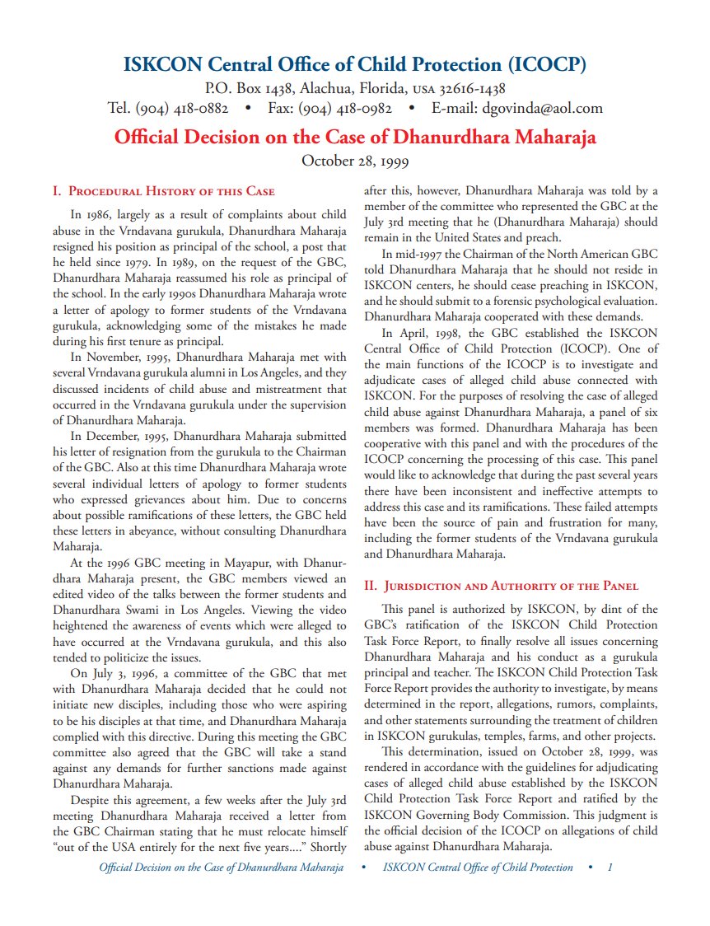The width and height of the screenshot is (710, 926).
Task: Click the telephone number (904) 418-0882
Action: tap(182, 108)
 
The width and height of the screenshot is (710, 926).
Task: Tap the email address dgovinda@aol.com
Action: tap(530, 108)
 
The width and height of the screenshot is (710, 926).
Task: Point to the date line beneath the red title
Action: tap(355, 160)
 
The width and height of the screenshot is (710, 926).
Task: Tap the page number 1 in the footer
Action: tap(610, 868)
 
